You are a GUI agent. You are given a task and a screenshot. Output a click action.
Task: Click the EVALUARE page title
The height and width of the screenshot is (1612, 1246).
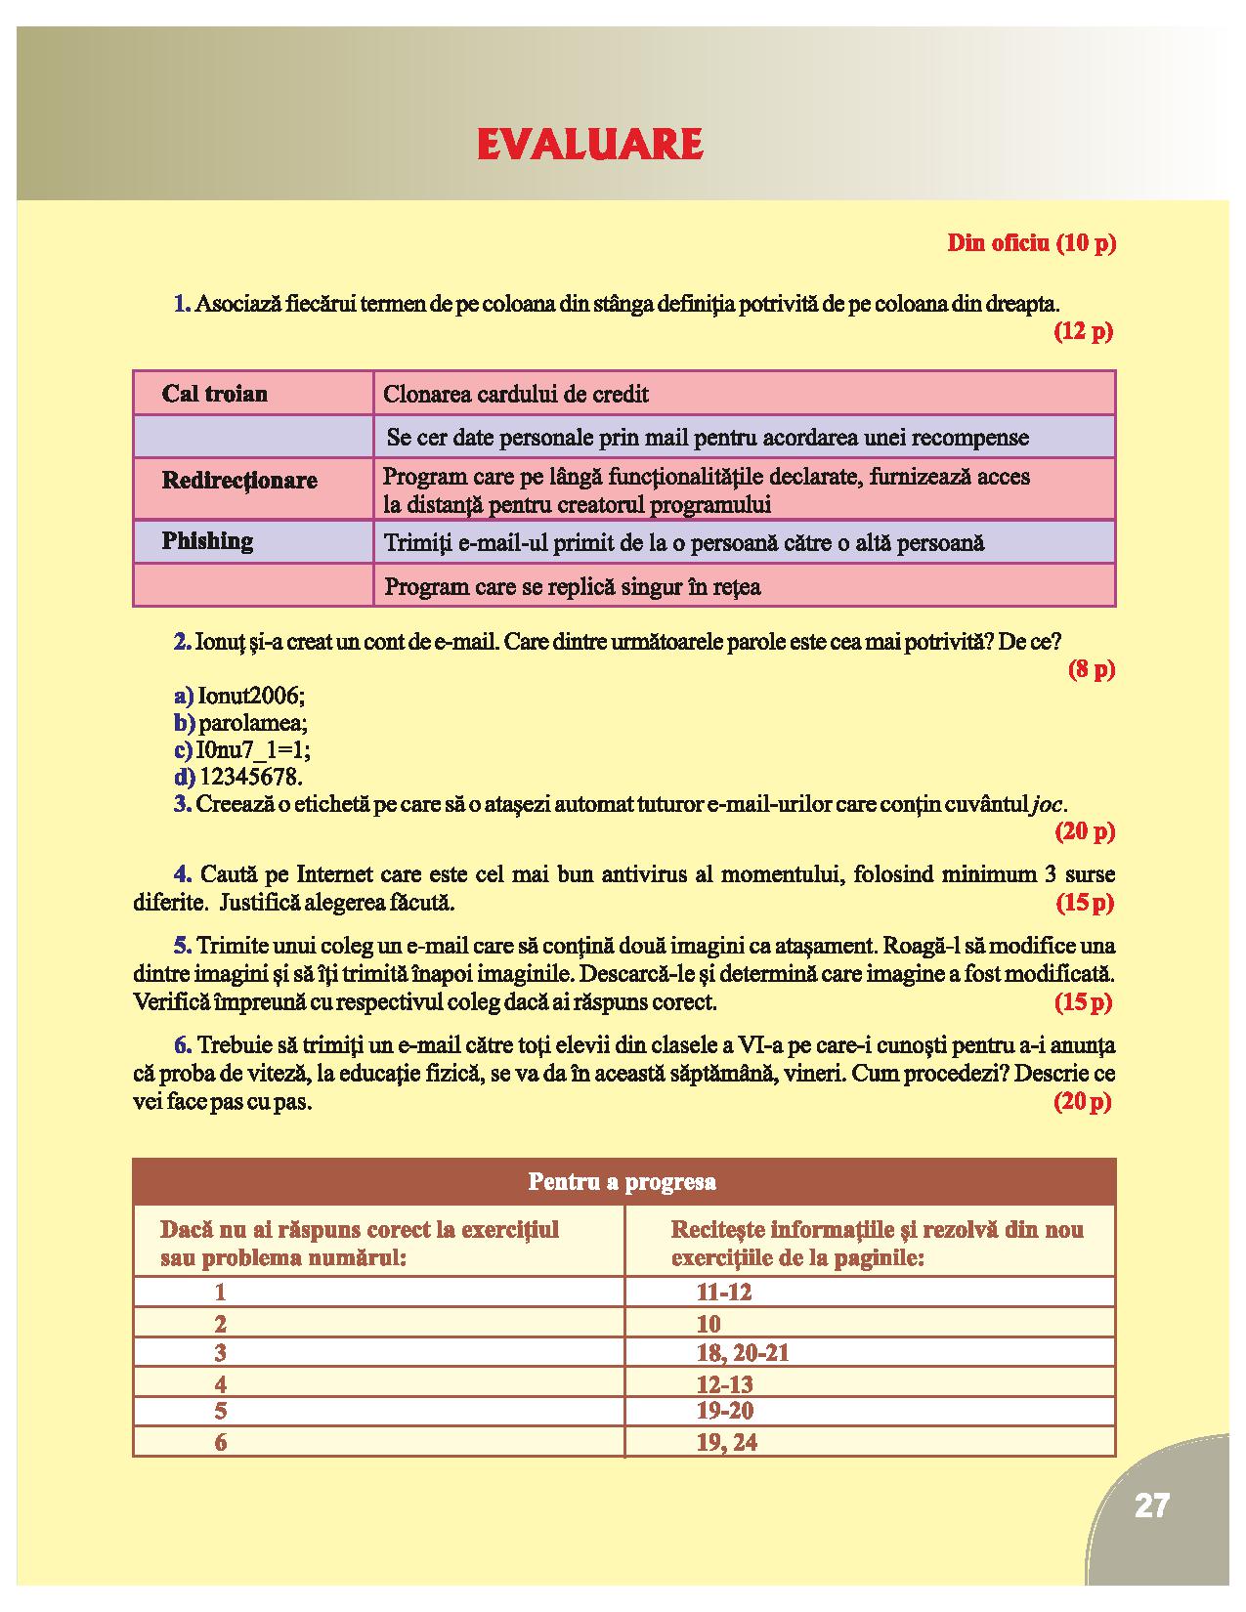coord(590,145)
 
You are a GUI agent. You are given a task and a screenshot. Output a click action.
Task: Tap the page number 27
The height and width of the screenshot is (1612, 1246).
coord(1152,1506)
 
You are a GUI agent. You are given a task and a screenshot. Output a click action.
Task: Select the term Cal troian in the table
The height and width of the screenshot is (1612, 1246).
coord(215,394)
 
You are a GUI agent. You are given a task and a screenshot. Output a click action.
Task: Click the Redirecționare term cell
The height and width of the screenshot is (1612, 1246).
coord(239,481)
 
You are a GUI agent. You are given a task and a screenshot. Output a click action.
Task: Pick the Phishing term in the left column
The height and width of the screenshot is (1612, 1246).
coord(207,541)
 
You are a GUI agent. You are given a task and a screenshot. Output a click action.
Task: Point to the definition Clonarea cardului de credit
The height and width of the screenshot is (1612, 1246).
coord(516,395)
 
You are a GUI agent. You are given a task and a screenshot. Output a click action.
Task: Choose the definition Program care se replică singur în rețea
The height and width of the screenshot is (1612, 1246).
coord(573,587)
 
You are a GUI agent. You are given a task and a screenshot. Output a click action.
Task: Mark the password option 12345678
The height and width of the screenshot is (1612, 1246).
coord(251,778)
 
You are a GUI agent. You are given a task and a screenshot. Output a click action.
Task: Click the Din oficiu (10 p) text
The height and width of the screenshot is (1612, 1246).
coord(1031,243)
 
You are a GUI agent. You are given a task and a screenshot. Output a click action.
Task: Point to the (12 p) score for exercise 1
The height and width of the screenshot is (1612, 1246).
coord(1083,331)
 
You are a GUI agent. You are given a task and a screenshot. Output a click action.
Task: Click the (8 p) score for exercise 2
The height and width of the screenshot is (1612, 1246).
coord(1091,670)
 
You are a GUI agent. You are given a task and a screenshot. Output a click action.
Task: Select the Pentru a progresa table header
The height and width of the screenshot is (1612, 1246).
coord(623,1182)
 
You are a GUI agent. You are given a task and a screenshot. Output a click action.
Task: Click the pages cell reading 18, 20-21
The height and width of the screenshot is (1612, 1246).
coord(743,1353)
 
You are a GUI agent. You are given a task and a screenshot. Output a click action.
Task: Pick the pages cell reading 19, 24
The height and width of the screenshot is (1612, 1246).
coord(727,1443)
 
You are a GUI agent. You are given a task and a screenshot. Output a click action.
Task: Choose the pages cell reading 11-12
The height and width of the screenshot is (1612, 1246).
coord(724,1293)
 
